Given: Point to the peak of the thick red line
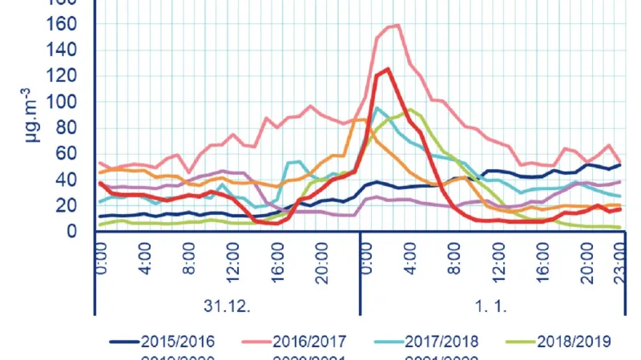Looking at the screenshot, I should (x=388, y=69).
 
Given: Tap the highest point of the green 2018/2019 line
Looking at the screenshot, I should (x=409, y=110).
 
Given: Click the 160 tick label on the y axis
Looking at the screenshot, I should (x=65, y=24).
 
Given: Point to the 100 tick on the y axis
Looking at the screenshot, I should (x=65, y=102).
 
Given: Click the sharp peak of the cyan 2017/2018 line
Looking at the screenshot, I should (x=377, y=107).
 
